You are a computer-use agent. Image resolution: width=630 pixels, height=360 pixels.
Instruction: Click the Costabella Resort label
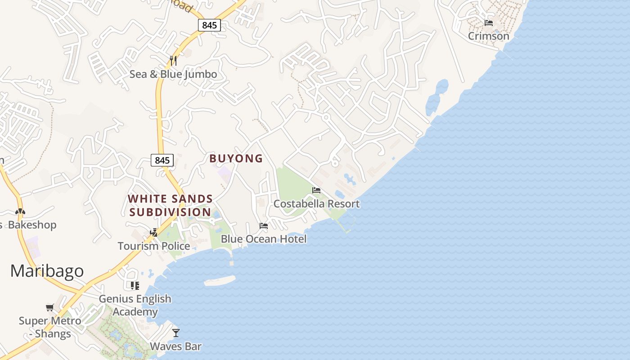coord(316,204)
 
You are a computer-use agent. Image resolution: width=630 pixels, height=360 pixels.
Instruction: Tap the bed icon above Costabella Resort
coord(316,190)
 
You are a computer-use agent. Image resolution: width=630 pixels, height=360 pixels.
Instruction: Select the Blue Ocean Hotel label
coord(263,239)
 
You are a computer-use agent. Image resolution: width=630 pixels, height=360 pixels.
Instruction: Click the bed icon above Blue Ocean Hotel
coord(264,225)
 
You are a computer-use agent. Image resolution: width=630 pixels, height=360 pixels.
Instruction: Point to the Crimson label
coord(488,36)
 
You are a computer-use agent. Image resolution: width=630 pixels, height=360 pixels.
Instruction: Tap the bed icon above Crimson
coord(489,22)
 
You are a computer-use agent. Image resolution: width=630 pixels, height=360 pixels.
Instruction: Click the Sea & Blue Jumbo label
coord(173,74)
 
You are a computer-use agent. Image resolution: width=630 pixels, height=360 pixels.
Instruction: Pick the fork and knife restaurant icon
coord(173,60)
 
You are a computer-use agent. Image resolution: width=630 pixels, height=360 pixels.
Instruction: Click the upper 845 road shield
coord(209,25)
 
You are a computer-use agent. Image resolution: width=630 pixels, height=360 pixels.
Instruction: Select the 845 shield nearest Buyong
coord(162,160)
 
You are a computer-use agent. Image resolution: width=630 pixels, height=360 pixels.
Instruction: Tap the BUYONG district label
coord(236,158)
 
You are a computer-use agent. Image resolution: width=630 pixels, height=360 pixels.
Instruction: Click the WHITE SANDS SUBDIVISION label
coord(171,205)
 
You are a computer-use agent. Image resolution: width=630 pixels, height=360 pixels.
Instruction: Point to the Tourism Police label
coord(153,246)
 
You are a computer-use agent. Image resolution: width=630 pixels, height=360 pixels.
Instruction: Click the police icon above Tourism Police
coord(154,232)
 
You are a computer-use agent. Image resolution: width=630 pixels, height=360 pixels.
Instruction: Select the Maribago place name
coord(47,271)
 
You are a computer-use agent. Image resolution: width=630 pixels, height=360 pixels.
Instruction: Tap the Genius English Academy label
coord(135,305)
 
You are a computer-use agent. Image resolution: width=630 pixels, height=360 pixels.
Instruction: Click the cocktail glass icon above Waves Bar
coord(176,333)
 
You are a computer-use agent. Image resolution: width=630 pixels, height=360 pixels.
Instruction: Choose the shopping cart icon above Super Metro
coord(50,308)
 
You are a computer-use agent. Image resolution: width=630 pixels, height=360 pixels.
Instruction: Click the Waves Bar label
coord(175,346)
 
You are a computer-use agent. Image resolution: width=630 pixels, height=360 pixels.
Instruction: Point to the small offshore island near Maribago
coord(220,280)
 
